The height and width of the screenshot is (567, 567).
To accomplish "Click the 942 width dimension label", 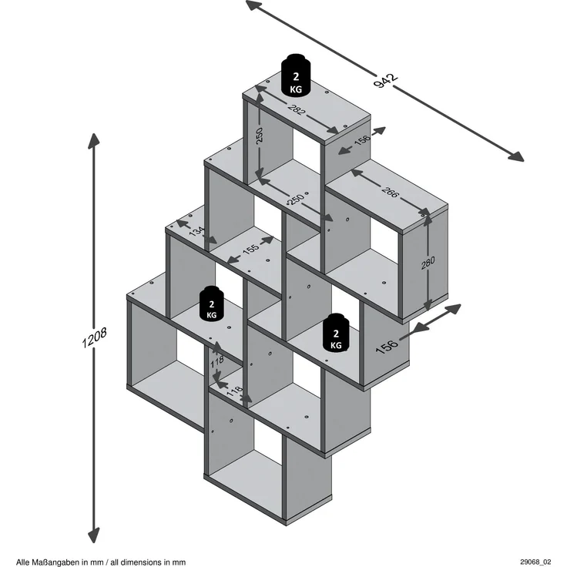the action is tap(385, 81).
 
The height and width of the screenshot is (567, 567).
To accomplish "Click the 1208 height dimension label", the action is tap(94, 337).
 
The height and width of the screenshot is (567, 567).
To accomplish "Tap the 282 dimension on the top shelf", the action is tap(297, 109).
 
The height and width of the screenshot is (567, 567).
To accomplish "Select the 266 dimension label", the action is tap(390, 193).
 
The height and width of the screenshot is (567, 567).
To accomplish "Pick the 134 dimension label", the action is tap(197, 230).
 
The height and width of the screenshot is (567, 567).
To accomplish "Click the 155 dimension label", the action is tap(250, 248).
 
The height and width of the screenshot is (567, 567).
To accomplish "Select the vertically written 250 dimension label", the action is tap(260, 136).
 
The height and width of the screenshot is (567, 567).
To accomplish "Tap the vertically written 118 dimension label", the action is tap(217, 361).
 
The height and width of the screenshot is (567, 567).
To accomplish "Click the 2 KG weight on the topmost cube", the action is tap(296, 75).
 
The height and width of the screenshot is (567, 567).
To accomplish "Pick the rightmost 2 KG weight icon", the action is tap(336, 332).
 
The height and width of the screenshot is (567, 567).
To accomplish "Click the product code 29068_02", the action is tap(536, 562).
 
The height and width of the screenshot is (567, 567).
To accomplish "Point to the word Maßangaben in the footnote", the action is tap(52, 562).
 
